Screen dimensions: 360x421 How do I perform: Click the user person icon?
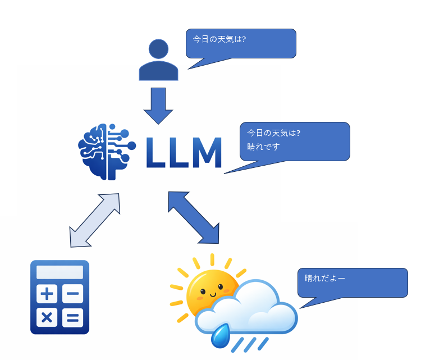click(x=158, y=61)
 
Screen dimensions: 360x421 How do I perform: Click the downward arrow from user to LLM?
click(x=158, y=105)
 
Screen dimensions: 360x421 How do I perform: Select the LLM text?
click(x=184, y=152)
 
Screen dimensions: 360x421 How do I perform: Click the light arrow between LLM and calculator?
click(x=95, y=220)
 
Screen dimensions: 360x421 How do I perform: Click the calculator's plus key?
click(x=48, y=294)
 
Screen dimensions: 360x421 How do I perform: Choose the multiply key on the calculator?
click(x=48, y=317)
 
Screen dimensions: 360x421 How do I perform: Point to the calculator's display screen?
click(x=60, y=272)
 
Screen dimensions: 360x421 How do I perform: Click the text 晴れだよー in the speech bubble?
click(x=325, y=278)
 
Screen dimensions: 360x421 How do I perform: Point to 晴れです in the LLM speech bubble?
click(x=263, y=147)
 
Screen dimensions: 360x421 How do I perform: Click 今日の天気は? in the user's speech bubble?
click(x=219, y=40)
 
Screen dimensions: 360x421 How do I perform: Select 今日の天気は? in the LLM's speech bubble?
click(x=274, y=133)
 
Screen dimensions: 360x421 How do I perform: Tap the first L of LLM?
click(x=155, y=152)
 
